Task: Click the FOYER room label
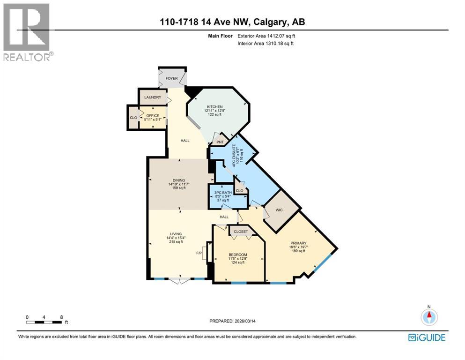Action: pos(172,78)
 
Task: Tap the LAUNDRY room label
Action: pos(153,97)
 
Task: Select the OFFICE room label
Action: pos(153,116)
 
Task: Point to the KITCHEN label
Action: pos(215,107)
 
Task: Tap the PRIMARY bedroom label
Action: pos(298,243)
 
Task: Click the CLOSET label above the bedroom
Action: pos(241,232)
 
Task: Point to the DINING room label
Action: pos(178,180)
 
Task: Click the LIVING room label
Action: pos(178,233)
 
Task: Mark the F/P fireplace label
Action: pos(199,254)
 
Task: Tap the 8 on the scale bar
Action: pos(61,317)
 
